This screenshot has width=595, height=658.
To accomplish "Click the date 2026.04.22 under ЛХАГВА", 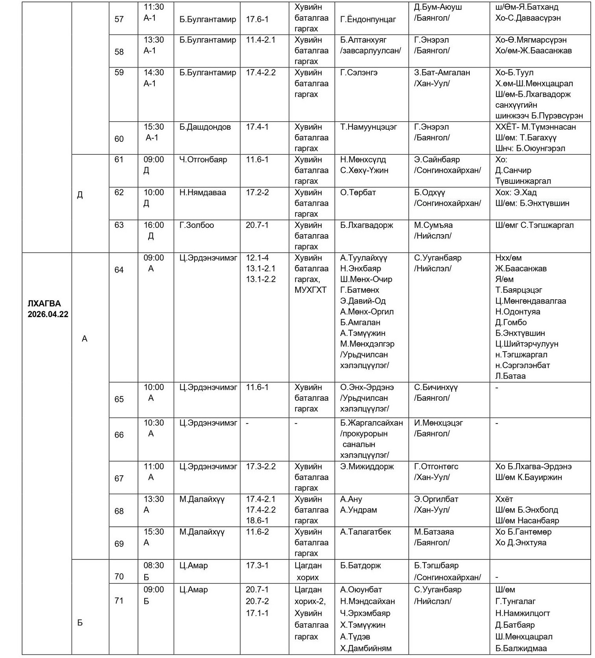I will pyautogui.click(x=48, y=314).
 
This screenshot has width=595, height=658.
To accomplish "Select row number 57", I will pyautogui.click(x=119, y=19).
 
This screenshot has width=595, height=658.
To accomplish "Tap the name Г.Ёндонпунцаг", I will pyautogui.click(x=368, y=19).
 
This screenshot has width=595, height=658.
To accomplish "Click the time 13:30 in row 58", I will pyautogui.click(x=154, y=40).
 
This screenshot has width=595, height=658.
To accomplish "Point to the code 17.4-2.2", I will pyautogui.click(x=261, y=73).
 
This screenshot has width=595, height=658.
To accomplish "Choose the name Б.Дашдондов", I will pyautogui.click(x=205, y=127).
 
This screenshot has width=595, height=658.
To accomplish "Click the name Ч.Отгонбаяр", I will pyautogui.click(x=203, y=159).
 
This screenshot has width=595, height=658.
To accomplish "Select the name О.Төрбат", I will pyautogui.click(x=358, y=192).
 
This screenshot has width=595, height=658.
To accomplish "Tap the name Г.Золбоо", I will pyautogui.click(x=196, y=225).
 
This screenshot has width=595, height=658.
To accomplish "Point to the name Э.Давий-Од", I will pyautogui.click(x=362, y=301).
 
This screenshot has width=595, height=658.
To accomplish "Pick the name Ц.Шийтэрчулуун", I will pyautogui.click(x=526, y=344).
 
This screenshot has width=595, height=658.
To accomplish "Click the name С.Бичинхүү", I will pyautogui.click(x=436, y=387).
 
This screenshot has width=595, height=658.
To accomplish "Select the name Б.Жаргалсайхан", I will pyautogui.click(x=371, y=423).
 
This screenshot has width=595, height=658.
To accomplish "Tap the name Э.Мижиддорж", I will pyautogui.click(x=367, y=466).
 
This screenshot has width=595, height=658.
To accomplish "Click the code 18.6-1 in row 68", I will pyautogui.click(x=257, y=521).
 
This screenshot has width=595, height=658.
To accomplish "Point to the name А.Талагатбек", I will pyautogui.click(x=365, y=532).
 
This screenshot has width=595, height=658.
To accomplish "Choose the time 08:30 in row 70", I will pyautogui.click(x=154, y=565).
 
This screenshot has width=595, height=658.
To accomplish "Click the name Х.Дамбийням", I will pyautogui.click(x=365, y=648).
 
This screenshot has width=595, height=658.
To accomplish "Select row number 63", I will pyautogui.click(x=119, y=225).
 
